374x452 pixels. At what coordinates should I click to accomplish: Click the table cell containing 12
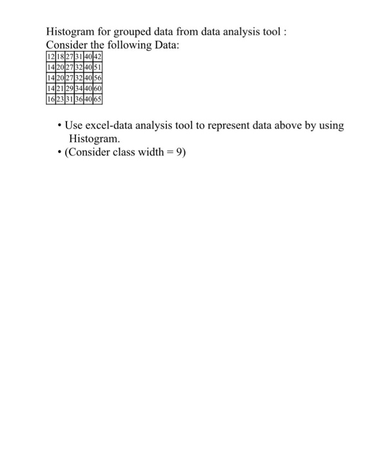[51, 57]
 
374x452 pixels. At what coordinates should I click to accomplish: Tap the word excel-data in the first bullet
[113, 125]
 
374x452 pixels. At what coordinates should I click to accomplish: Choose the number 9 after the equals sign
[181, 153]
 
